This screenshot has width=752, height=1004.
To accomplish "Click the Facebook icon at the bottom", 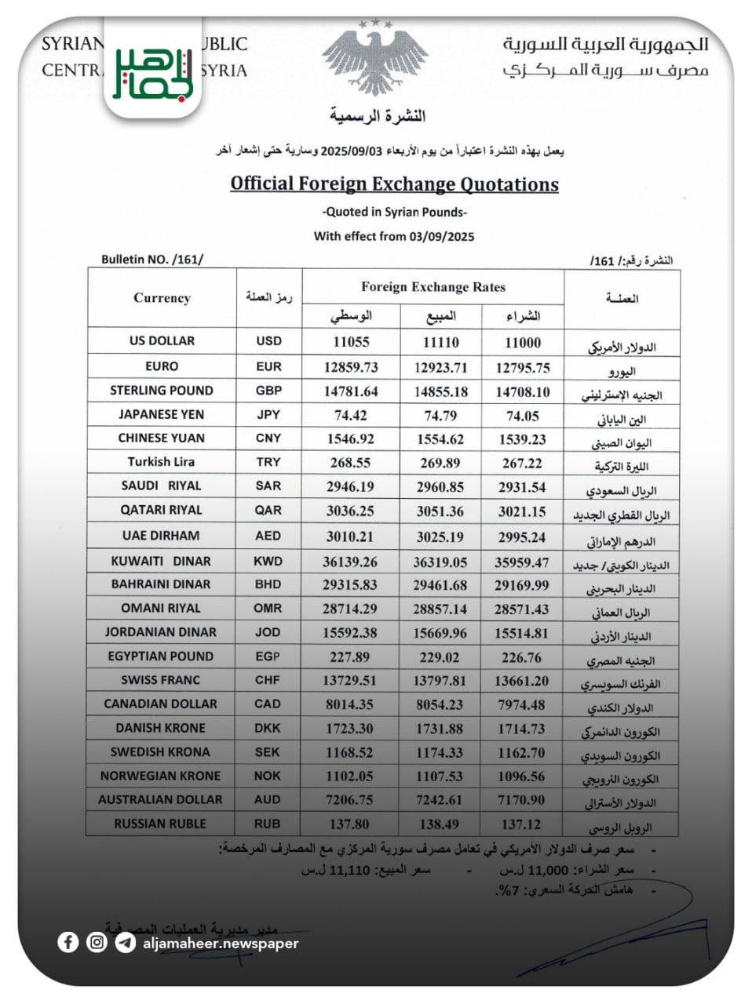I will (x=68, y=942).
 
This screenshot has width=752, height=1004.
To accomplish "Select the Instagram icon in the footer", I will (x=97, y=942).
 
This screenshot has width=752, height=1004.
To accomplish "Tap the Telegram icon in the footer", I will (x=125, y=942).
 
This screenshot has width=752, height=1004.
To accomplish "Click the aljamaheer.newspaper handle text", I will (x=221, y=943).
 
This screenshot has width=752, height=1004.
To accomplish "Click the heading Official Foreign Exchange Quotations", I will (x=394, y=184).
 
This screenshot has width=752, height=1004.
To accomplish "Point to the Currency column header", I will (x=162, y=298).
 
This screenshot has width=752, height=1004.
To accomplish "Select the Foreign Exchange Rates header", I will (x=433, y=287).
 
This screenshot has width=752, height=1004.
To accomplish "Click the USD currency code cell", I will (x=268, y=341).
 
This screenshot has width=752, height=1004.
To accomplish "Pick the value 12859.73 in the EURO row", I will (x=351, y=367).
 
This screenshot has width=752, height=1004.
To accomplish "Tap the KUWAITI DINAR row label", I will (x=161, y=561).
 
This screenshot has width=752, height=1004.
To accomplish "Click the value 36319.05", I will (x=440, y=562).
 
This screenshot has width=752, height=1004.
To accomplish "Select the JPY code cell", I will (x=268, y=414).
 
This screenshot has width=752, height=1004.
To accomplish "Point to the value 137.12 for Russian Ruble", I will (x=521, y=824).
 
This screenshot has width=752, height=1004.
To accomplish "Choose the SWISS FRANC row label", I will (x=160, y=680).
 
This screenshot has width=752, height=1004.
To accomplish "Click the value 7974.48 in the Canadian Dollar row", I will (x=521, y=704).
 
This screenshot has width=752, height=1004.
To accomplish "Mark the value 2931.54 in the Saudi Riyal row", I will (x=521, y=487).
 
